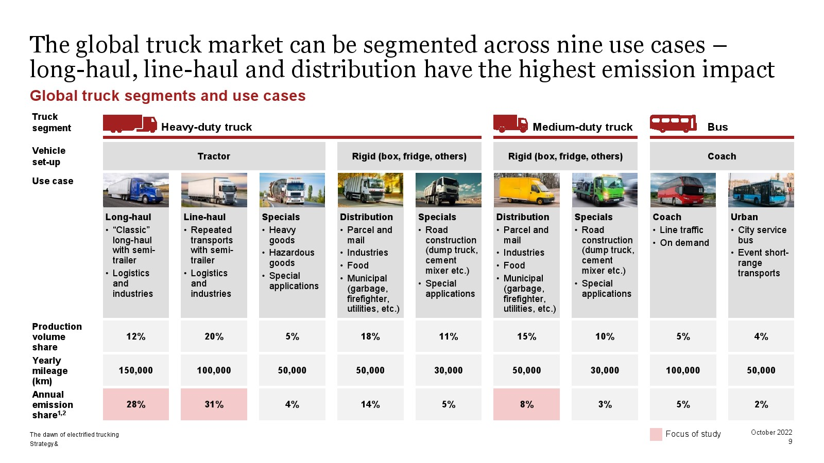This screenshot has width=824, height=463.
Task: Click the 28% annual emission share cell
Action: [136, 404]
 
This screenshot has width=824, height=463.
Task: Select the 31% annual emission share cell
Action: [214, 404]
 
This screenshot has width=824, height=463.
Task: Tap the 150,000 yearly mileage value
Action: [136, 370]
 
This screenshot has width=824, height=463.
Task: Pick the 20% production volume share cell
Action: [214, 336]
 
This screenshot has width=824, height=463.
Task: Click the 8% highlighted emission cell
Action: [526, 404]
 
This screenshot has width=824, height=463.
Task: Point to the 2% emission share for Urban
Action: [761, 404]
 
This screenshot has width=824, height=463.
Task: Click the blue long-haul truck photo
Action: [136, 190]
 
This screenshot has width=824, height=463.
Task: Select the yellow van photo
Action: [526, 190]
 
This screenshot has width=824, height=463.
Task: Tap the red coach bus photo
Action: [683, 190]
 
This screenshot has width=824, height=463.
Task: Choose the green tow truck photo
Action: [605, 190]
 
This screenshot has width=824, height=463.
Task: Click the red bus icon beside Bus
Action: [673, 123]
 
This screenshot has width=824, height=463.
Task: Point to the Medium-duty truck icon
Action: [510, 123]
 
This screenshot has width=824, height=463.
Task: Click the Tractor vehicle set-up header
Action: [214, 156]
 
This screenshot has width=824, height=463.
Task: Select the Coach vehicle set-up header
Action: [722, 156]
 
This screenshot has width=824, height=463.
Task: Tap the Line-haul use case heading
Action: [204, 217]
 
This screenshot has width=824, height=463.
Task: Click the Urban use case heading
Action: [744, 217]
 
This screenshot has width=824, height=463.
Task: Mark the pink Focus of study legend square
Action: [656, 434]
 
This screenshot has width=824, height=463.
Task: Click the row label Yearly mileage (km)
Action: [49, 370]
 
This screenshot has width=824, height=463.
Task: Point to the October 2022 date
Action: [771, 432]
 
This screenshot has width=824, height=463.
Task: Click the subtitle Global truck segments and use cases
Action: [168, 96]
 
